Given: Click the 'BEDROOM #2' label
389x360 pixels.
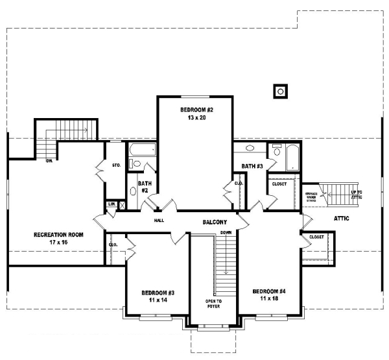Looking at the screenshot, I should click(196, 110).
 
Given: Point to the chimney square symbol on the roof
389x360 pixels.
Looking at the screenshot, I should click(280, 91).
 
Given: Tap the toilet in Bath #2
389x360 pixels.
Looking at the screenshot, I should click(132, 191).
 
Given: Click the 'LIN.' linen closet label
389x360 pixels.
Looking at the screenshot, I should click(112, 204).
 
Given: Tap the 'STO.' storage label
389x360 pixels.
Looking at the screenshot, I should click(117, 165).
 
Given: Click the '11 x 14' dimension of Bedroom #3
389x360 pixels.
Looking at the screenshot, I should click(154, 300).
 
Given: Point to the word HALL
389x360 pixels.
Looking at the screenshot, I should click(159, 221).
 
